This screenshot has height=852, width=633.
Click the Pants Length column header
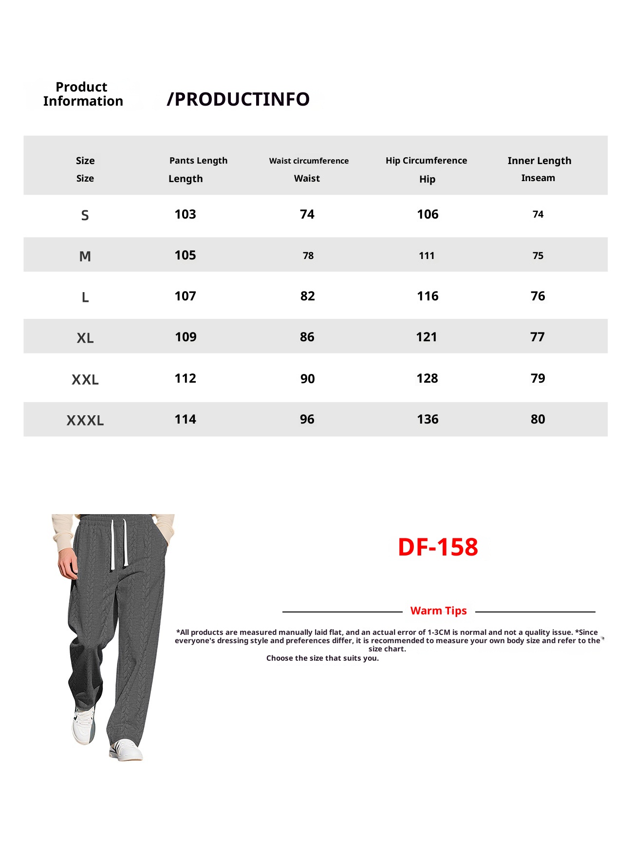[198, 161]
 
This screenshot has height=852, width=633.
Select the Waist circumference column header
[309, 161]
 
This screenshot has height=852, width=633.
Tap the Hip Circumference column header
[426, 161]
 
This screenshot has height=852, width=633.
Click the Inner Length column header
[539, 161]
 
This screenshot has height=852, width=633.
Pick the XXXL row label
[85, 420]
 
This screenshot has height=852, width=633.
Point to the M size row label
[85, 256]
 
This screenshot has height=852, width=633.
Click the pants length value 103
[185, 214]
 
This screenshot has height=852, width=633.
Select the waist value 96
[307, 419]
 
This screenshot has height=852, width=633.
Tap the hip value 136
[428, 419]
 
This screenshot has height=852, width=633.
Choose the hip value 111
[427, 256]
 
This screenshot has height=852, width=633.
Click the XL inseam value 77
[537, 337]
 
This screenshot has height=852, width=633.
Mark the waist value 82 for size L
[307, 296]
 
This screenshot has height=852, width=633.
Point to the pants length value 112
[185, 378]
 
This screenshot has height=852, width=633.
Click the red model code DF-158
[438, 547]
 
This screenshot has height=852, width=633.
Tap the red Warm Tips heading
[438, 611]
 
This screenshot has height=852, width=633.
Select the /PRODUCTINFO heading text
[238, 99]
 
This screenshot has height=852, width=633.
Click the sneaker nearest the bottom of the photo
[126, 750]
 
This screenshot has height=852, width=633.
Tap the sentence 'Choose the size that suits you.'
[322, 658]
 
